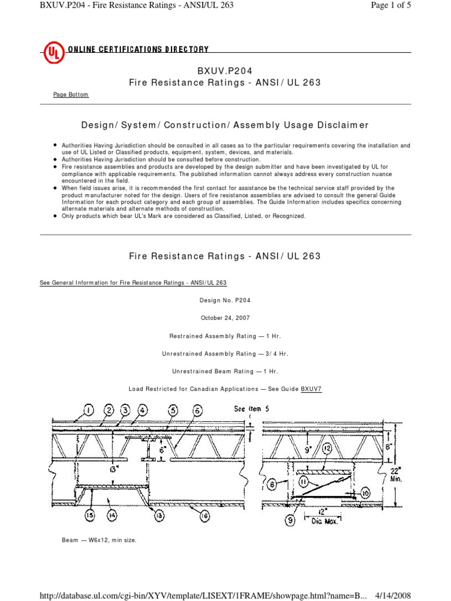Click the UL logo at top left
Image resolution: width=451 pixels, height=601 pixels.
pos(53,53)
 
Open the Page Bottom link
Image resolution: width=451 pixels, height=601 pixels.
pos(71,94)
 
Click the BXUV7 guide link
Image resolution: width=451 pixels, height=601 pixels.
pos(312,389)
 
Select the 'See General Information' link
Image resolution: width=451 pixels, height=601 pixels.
pos(133,282)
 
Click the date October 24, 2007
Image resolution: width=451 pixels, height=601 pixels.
pos(225,318)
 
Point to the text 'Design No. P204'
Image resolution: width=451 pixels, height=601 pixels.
pos(225,300)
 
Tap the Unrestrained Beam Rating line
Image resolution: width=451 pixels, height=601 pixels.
pos(225,371)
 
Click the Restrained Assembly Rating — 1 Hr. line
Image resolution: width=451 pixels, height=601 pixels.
pos(225,336)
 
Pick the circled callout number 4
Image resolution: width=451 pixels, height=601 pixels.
pos(143,410)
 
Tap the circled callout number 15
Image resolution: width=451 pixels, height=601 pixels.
pos(89,515)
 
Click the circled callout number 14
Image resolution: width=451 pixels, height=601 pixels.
pos(112,515)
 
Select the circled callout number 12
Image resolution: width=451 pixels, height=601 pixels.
pos(327,448)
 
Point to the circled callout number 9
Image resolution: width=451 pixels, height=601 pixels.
pos(291,518)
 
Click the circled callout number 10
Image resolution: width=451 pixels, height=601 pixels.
pos(365,492)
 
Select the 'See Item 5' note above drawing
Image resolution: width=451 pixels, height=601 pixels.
pos(252,409)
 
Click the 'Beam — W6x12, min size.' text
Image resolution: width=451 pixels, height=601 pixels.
pos(99,540)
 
